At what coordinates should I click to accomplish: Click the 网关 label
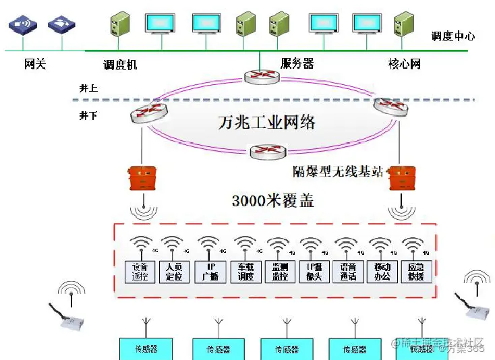[35, 65]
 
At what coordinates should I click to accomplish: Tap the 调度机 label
[121, 65]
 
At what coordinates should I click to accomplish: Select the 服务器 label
[297, 64]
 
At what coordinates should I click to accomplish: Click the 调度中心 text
[453, 36]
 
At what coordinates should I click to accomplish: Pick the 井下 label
[88, 116]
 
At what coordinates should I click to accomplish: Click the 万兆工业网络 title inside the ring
[267, 123]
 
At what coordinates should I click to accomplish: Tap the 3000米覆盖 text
[273, 200]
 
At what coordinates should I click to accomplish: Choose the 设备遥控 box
[140, 271]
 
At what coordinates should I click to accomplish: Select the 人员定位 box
[175, 271]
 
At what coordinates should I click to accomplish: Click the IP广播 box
[210, 271]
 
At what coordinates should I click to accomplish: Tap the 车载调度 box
[245, 271]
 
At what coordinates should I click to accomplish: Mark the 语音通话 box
[348, 271]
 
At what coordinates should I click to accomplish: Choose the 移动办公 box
[382, 271]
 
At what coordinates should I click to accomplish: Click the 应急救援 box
[416, 271]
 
